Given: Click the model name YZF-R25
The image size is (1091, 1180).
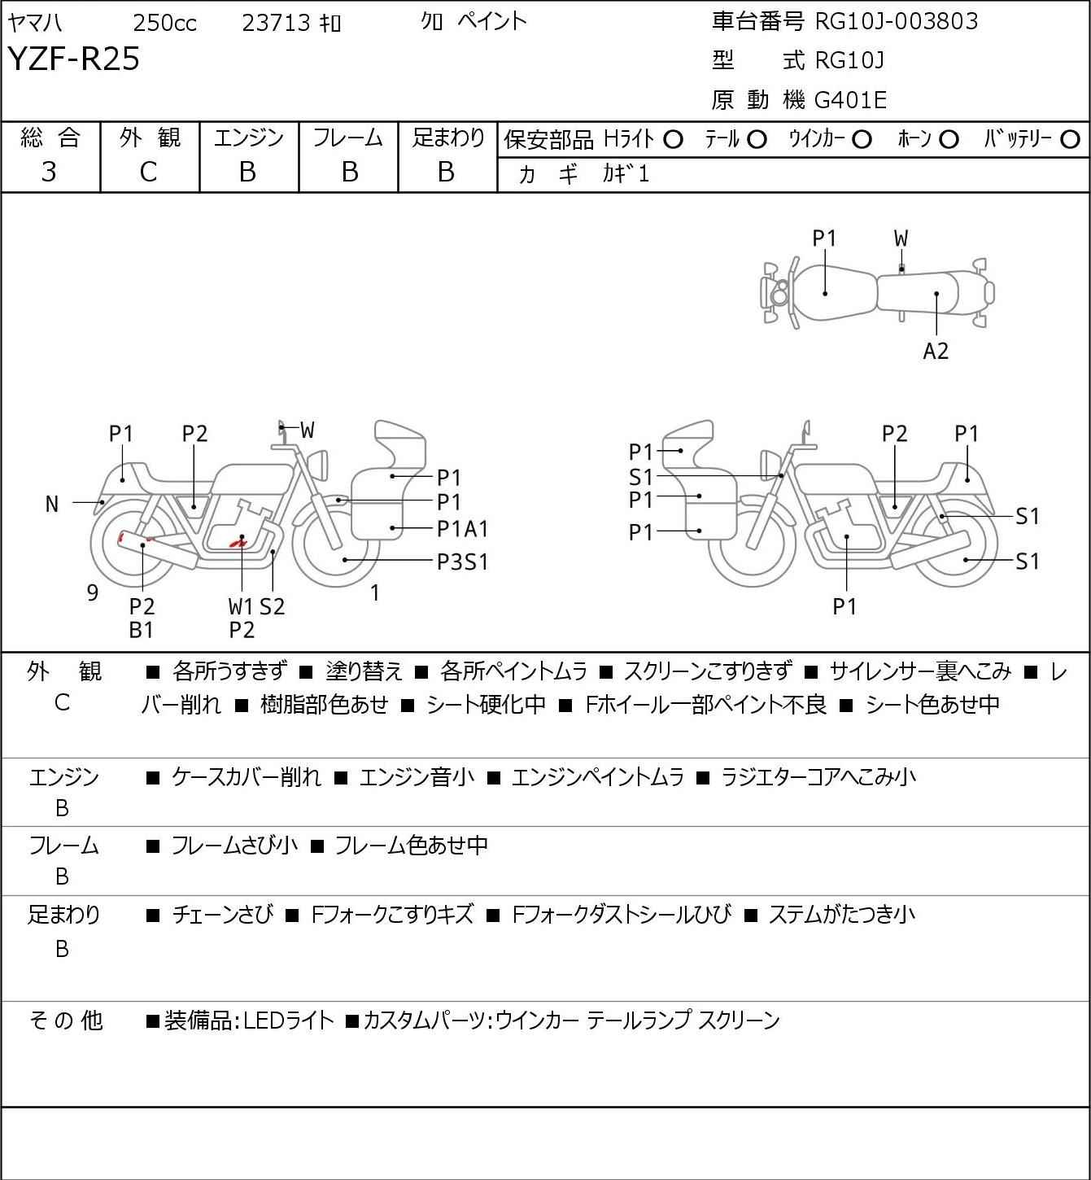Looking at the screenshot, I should [74, 59].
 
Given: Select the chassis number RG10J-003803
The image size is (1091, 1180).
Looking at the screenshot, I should [897, 21].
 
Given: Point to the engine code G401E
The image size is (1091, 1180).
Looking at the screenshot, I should [850, 100].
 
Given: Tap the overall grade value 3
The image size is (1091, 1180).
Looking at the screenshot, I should [49, 172].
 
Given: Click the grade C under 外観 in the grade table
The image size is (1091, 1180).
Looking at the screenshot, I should [148, 172].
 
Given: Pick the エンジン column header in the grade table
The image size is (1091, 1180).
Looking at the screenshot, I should [248, 138].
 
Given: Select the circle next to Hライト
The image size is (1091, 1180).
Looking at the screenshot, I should [673, 139].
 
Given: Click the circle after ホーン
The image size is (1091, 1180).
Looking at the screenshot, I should [949, 139].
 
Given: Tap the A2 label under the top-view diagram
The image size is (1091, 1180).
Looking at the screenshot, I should [936, 352].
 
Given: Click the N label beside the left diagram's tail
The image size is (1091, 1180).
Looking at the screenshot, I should [52, 505].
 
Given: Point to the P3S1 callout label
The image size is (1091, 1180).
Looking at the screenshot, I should [462, 562].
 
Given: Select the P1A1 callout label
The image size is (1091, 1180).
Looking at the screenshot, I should [462, 529].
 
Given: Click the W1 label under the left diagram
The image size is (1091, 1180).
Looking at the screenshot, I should [241, 606].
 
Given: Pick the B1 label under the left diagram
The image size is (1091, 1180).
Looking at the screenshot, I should [141, 629].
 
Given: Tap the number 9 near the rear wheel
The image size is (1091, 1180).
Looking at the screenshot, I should [93, 593].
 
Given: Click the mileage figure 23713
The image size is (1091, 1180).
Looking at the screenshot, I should [276, 23].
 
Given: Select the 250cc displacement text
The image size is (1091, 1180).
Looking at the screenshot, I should [164, 23].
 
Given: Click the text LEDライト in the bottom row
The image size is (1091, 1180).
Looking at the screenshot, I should [289, 1020].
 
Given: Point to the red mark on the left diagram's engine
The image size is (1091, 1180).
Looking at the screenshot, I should [238, 542].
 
